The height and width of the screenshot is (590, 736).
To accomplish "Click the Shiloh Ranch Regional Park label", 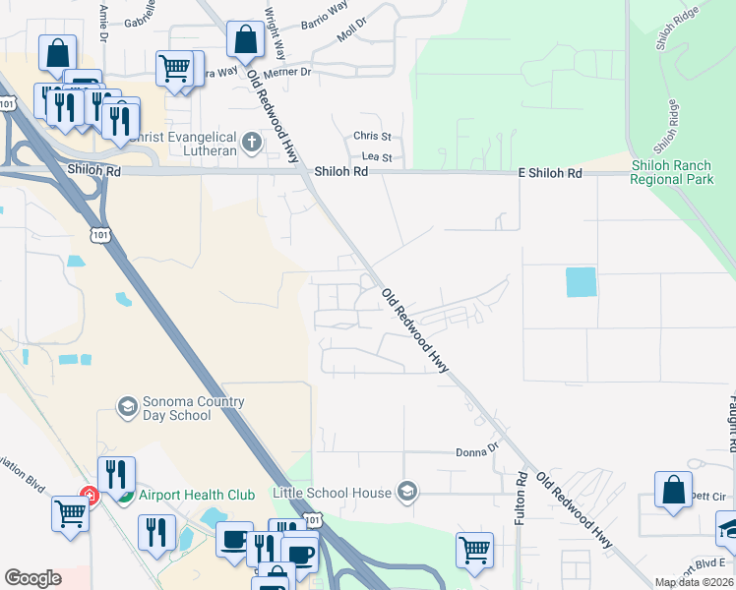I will [672, 173].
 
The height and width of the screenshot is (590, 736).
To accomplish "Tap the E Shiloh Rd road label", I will [550, 173].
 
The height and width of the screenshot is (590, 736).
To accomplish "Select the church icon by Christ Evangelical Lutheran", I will [252, 144].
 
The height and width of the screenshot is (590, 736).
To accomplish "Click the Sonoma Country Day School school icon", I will [127, 406].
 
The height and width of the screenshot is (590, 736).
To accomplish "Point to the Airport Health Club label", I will [196, 495].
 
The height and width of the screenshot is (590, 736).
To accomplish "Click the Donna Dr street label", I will [478, 451].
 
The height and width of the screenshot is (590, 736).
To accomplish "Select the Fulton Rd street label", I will [521, 496].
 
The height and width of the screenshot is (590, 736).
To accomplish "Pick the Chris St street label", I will [373, 136].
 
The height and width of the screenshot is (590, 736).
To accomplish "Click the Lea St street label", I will [377, 156].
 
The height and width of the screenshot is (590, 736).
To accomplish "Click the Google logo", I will [32, 578].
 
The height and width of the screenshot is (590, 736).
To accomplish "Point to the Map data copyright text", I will [694, 582].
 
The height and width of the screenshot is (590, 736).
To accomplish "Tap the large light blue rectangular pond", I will [582, 282].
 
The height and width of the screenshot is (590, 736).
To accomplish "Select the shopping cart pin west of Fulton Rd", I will [474, 550].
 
